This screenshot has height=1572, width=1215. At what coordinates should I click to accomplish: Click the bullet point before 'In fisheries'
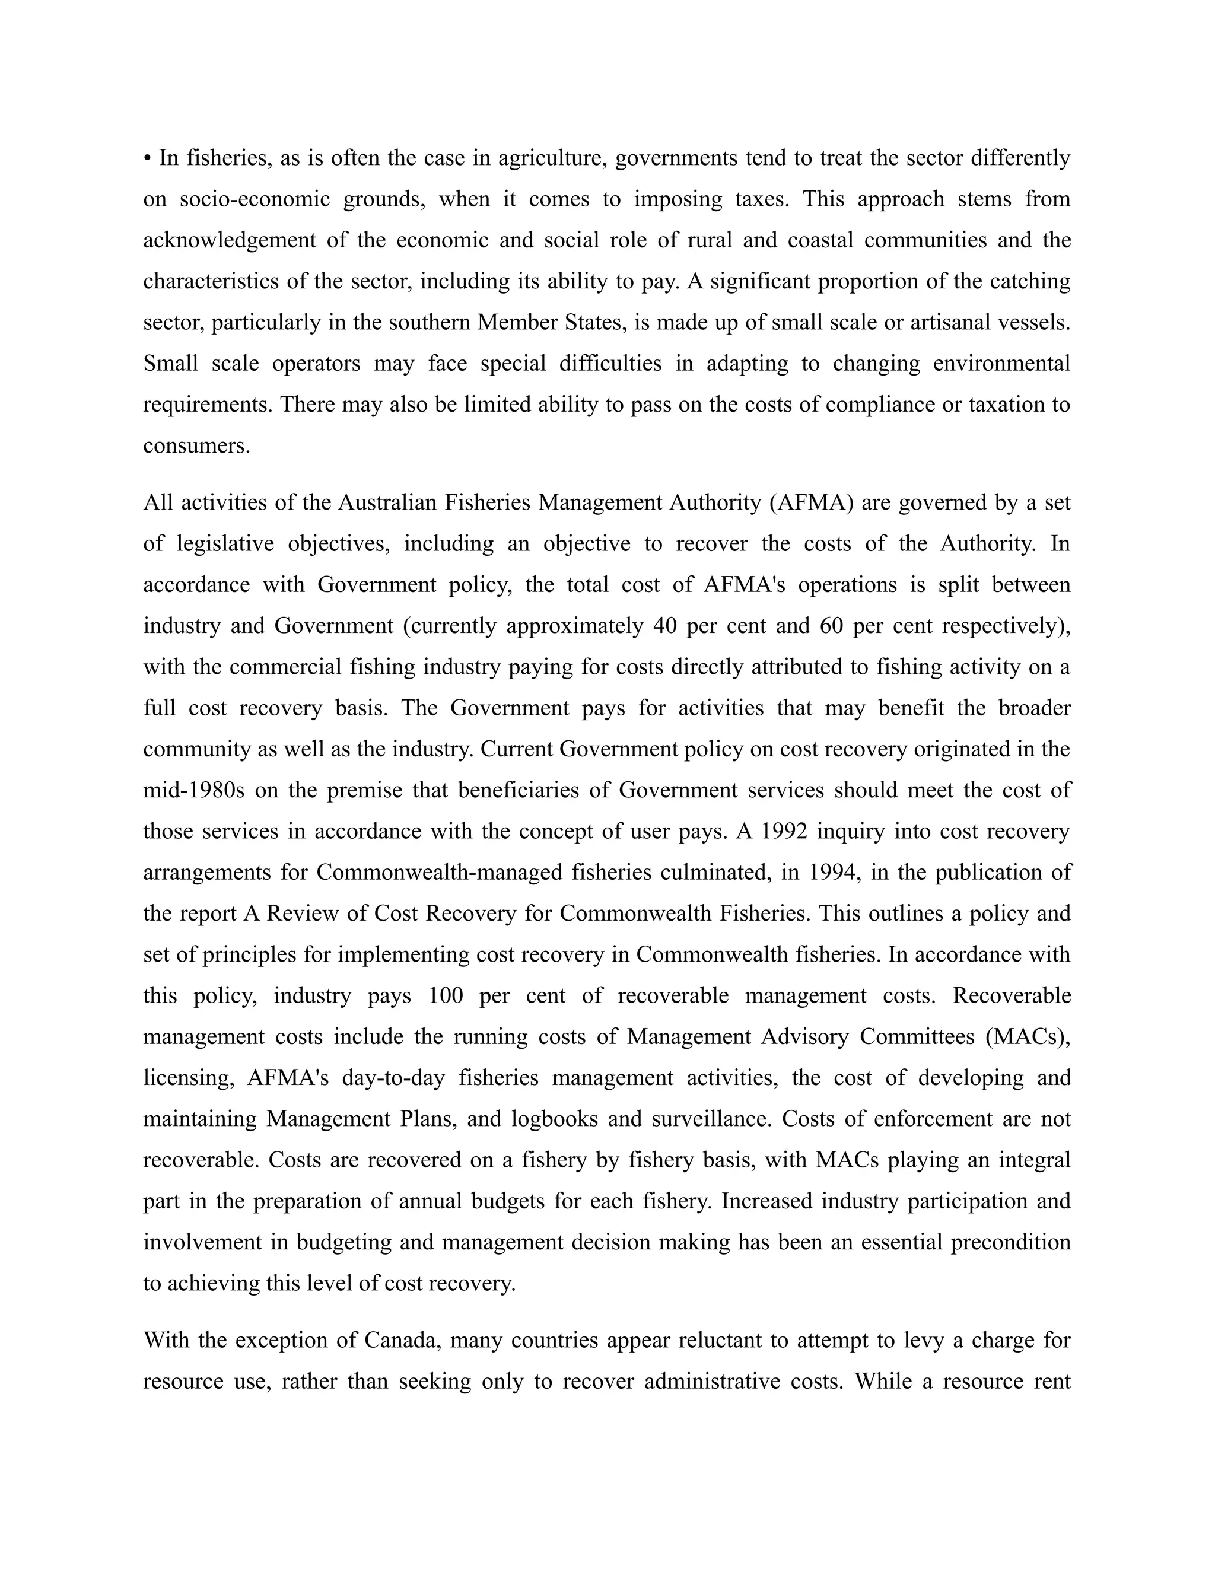coord(148,158)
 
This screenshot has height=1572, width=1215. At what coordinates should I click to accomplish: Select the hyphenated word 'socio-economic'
coord(255,199)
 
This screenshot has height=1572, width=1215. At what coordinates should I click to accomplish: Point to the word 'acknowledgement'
coord(230,240)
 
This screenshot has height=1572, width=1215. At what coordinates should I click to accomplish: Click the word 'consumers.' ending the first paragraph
coord(196,445)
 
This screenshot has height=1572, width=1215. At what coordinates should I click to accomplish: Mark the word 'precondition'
coord(1010,1242)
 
